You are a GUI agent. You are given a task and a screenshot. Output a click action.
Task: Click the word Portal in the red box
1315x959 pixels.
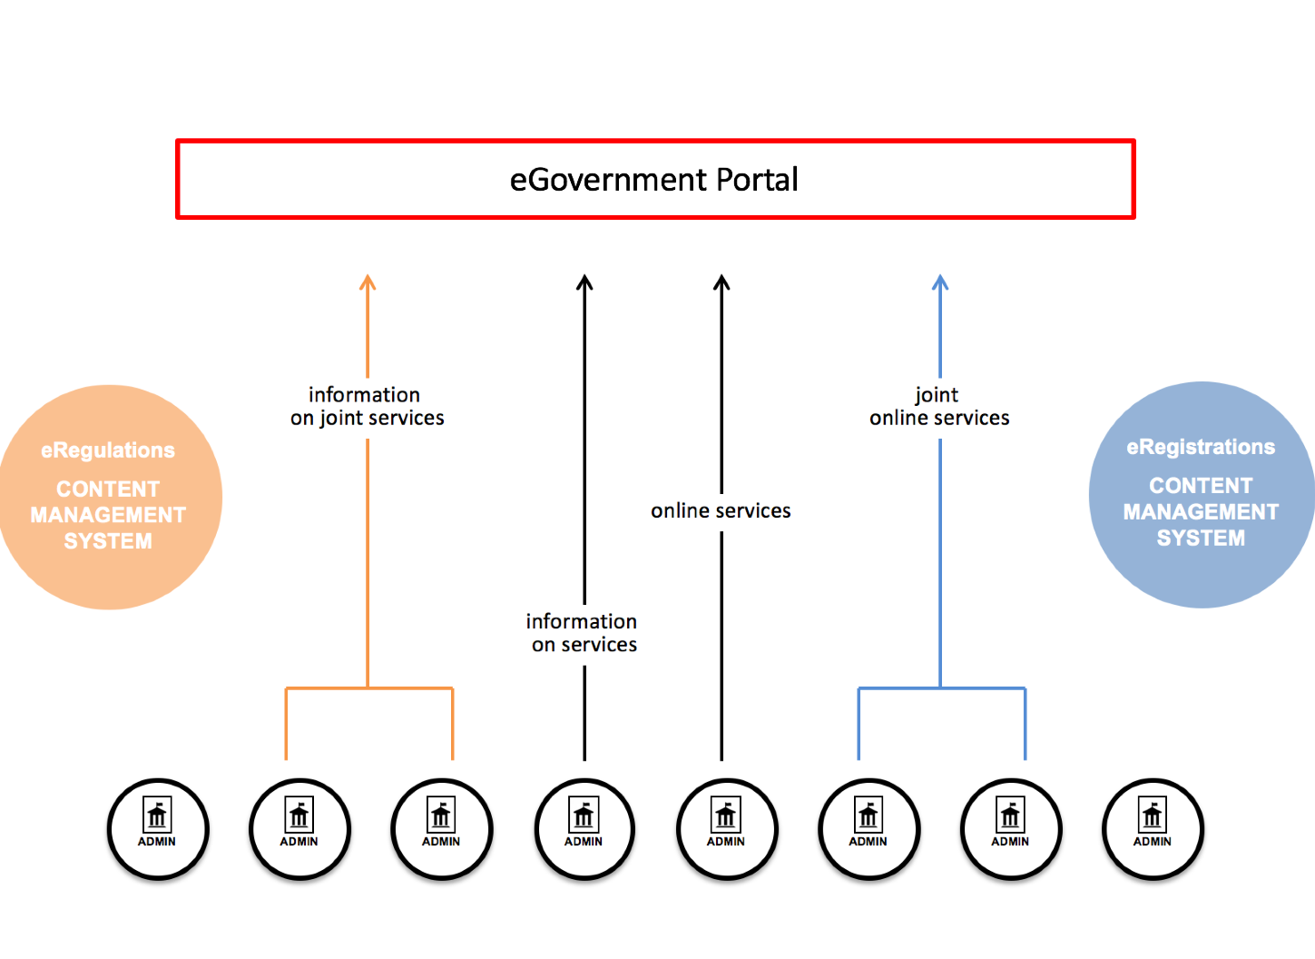click(757, 180)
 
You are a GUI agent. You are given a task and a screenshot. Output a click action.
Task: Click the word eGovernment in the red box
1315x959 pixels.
click(608, 180)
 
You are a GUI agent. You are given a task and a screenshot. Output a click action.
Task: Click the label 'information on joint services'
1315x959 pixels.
click(367, 406)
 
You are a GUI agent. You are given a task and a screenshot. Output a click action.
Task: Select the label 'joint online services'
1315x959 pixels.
click(939, 406)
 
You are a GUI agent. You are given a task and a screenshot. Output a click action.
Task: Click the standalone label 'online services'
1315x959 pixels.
click(721, 511)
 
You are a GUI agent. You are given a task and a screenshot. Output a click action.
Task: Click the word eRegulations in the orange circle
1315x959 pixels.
click(108, 450)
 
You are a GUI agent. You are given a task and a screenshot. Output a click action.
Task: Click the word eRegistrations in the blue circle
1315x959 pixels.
click(1201, 447)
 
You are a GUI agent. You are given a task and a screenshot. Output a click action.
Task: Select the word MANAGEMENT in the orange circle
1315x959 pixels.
click(108, 515)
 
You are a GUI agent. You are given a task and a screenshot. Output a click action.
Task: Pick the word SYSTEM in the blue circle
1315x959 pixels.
click(1201, 539)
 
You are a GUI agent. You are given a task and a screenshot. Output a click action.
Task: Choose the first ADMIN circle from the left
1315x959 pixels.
click(158, 829)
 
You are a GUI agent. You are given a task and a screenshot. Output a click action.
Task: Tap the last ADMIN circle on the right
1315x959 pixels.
click(1153, 829)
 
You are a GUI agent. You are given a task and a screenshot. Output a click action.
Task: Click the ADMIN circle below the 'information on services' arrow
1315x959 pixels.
click(584, 829)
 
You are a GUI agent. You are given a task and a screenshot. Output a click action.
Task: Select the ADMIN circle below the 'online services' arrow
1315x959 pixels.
click(726, 829)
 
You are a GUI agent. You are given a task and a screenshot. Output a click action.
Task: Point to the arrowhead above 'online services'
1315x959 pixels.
click(721, 282)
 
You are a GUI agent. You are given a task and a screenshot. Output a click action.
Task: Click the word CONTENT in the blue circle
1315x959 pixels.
click(1201, 486)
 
